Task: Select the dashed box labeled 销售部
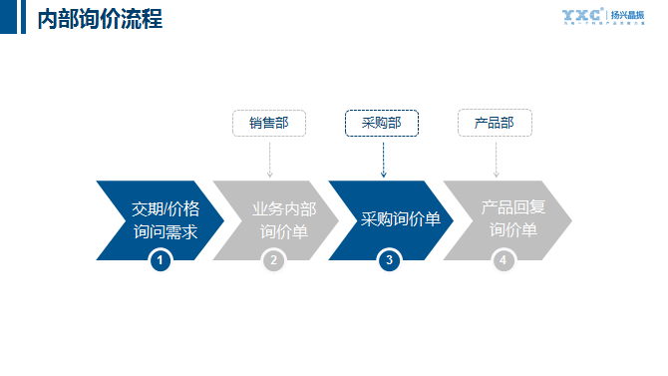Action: click(269, 123)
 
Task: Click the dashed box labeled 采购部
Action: click(382, 123)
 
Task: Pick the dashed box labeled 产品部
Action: click(495, 123)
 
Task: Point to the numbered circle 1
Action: click(160, 260)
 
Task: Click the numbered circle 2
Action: click(273, 260)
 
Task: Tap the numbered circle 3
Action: click(389, 260)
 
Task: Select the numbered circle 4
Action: click(502, 260)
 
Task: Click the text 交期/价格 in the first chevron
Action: click(166, 209)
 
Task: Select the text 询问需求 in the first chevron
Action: click(166, 232)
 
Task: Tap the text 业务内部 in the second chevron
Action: click(284, 209)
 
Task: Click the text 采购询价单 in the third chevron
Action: click(400, 220)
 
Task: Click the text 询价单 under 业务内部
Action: click(284, 232)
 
